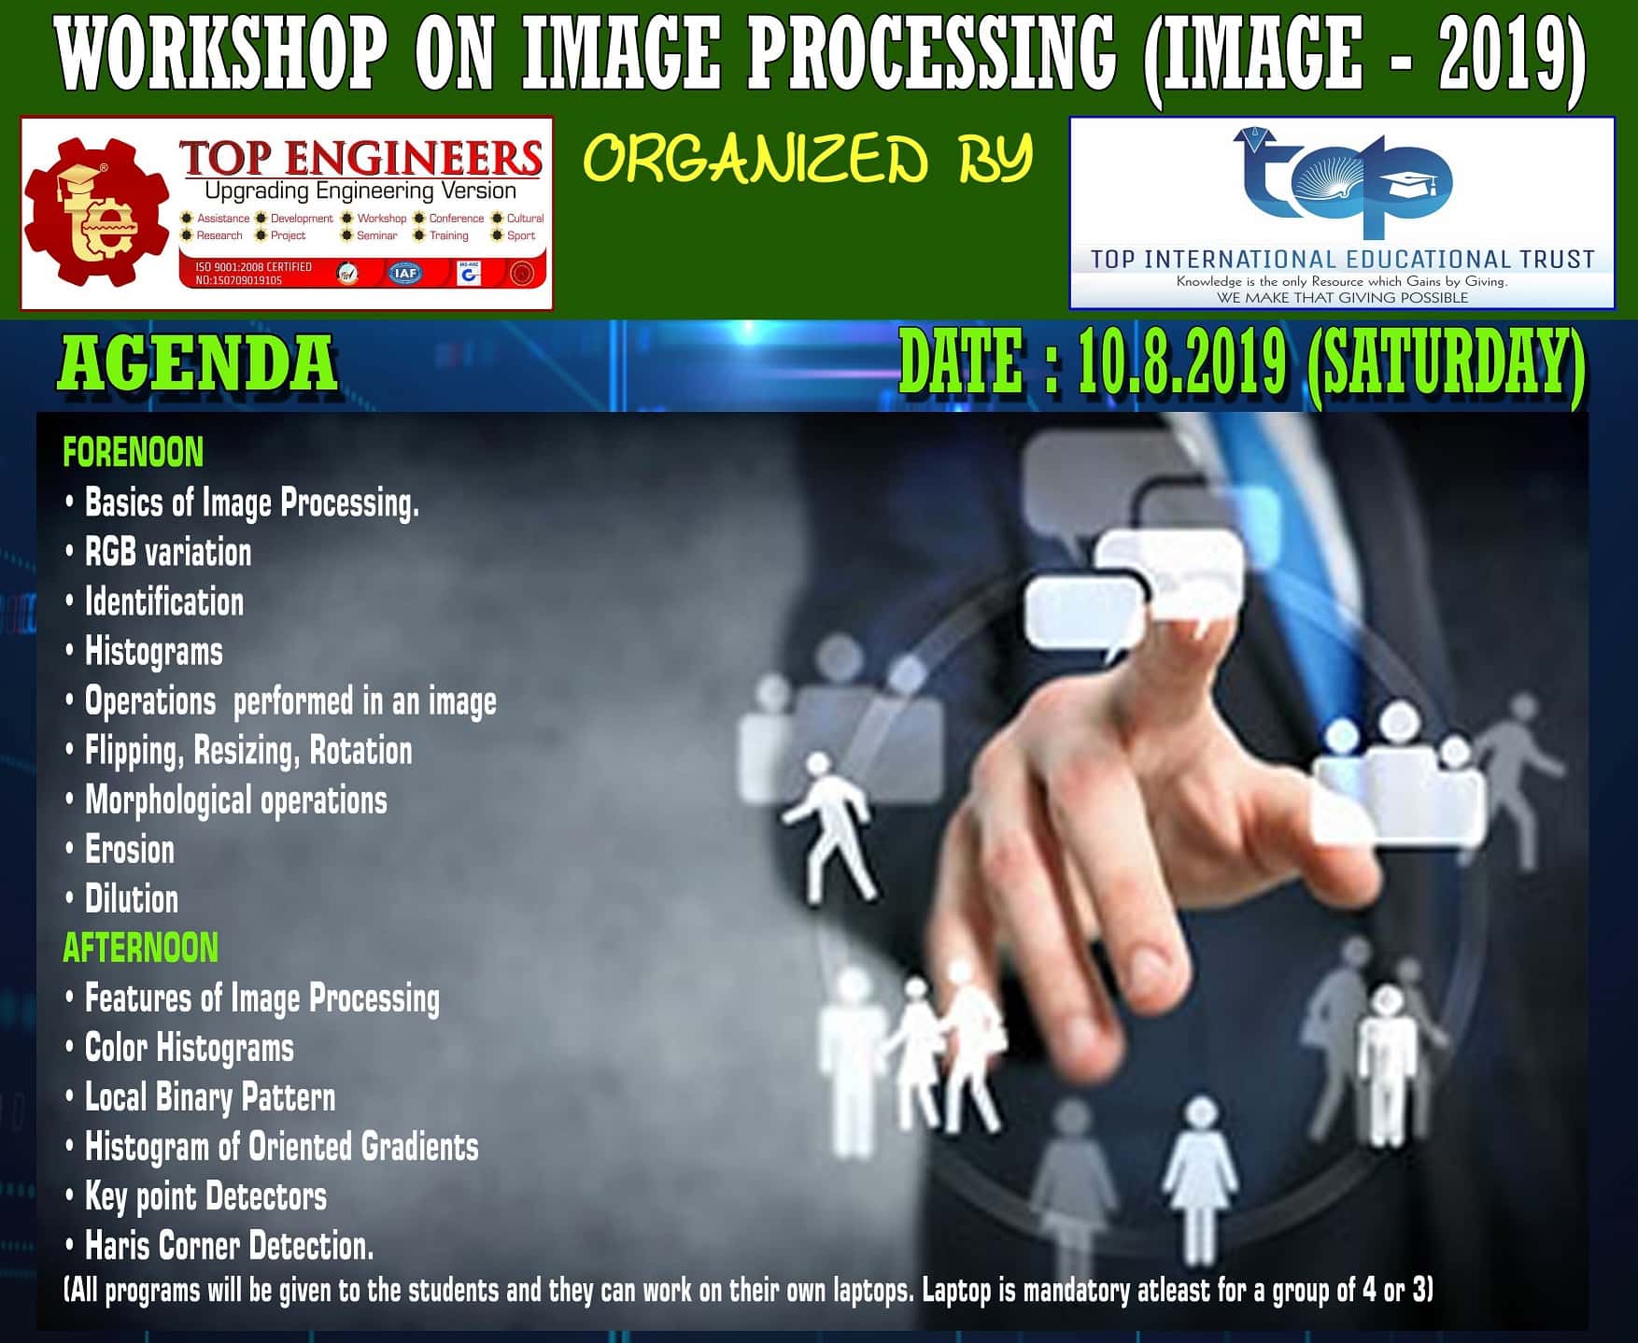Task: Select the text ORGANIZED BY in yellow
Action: (809, 159)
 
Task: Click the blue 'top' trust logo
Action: (1342, 183)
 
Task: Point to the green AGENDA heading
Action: (197, 363)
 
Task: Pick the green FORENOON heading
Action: (133, 453)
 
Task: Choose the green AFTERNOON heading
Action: (140, 948)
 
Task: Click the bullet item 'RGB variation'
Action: (168, 552)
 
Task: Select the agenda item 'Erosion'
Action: (130, 850)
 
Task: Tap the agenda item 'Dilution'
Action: (132, 899)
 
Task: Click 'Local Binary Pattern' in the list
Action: (210, 1097)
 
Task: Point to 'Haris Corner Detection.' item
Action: (230, 1246)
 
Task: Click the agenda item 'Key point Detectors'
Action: (205, 1196)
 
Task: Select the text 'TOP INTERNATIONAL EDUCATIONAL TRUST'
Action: (1342, 260)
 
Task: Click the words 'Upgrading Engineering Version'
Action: (360, 191)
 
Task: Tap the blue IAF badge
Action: (404, 273)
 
